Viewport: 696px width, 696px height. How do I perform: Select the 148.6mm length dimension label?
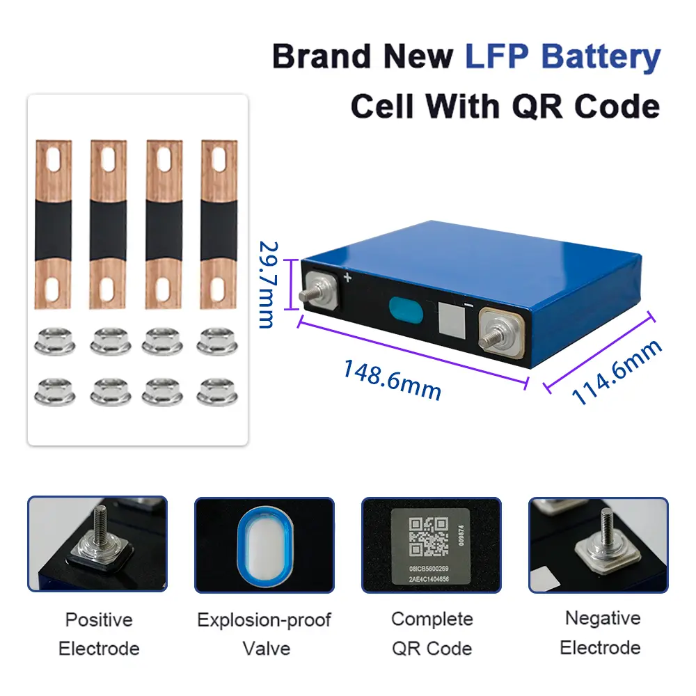coord(391,379)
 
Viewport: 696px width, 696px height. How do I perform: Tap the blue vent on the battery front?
coord(406,310)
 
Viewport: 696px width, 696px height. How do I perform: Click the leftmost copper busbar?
coord(54,223)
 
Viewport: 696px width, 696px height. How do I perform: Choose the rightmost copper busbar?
coord(219,223)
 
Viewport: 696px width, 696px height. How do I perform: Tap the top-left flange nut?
coord(54,341)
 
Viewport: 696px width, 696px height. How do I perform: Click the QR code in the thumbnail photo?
coord(427,537)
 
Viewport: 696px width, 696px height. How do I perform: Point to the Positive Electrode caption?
coord(99,633)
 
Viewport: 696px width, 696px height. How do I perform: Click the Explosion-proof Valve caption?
coord(264,633)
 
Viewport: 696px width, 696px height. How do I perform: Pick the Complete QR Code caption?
coord(432,633)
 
